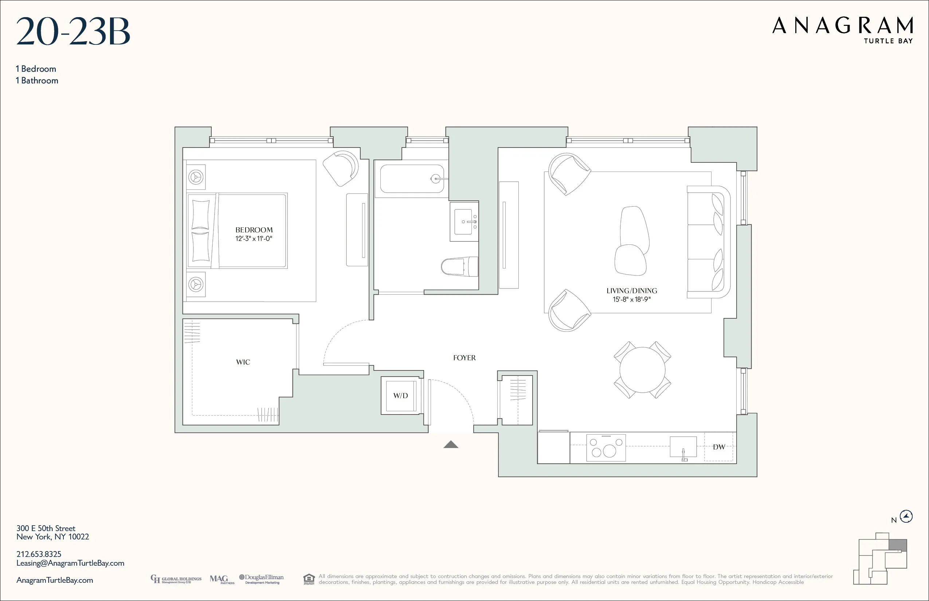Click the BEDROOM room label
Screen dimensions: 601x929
coord(254,230)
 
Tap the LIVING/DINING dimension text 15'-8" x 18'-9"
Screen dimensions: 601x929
coord(632,299)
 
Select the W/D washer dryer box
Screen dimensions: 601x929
coord(400,395)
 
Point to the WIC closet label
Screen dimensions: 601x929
coord(243,362)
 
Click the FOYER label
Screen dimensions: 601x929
coord(464,358)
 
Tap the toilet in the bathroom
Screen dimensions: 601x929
coord(459,267)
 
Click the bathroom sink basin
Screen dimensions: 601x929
coord(463,222)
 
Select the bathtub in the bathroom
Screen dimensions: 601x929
coord(412,179)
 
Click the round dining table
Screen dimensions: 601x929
coord(642,370)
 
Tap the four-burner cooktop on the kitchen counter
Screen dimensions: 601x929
coord(606,448)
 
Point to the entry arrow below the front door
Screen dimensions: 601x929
coord(451,444)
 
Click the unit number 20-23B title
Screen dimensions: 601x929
coord(73,31)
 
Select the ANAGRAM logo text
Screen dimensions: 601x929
coord(842,26)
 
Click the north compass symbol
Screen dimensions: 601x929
coord(906,516)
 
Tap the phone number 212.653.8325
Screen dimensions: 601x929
coord(39,554)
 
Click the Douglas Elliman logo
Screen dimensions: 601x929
coord(262,579)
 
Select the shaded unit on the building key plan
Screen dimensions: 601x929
coord(897,545)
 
